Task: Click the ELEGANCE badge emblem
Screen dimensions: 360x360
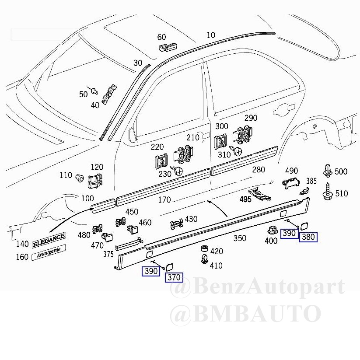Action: click(x=49, y=240)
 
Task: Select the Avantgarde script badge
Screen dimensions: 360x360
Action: click(x=49, y=252)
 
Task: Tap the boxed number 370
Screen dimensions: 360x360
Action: click(x=174, y=277)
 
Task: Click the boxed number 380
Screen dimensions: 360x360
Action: click(x=308, y=237)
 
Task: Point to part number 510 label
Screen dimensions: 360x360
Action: click(x=341, y=193)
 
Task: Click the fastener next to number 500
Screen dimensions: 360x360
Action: click(x=328, y=171)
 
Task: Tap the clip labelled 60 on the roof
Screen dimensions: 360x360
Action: click(x=168, y=47)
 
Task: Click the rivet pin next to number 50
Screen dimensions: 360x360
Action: click(x=94, y=91)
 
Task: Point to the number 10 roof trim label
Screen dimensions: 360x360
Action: click(x=211, y=35)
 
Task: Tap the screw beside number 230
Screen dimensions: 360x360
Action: click(x=177, y=170)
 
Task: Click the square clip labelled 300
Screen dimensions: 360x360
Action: click(x=220, y=142)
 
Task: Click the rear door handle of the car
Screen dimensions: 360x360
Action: click(x=284, y=109)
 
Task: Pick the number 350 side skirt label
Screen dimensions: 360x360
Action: click(x=240, y=238)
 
